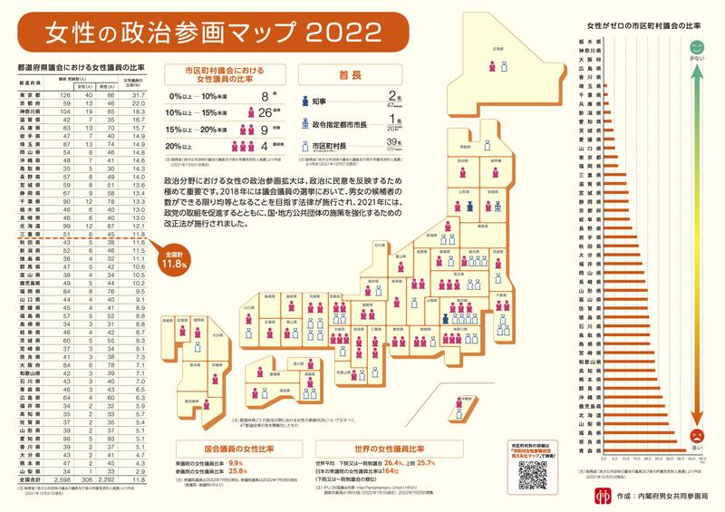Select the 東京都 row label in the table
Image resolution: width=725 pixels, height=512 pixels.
(x=31, y=95)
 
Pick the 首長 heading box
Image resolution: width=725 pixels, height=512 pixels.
(x=344, y=77)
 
